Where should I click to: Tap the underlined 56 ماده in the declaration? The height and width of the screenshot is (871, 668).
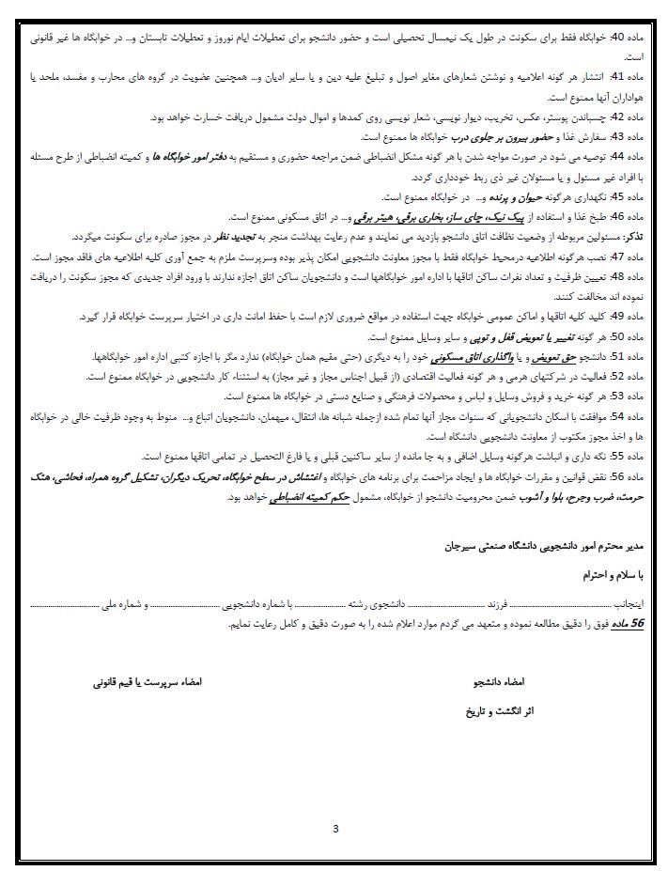click(635, 622)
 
